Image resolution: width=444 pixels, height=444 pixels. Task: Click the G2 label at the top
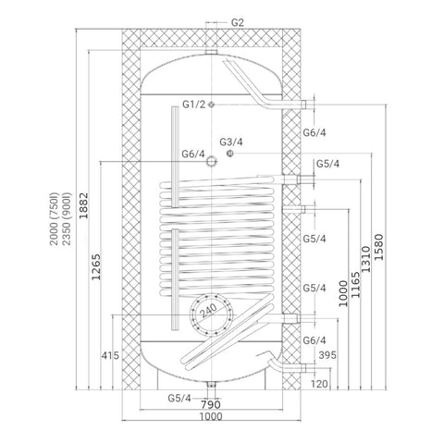point(238,22)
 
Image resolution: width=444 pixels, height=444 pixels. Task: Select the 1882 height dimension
point(83,205)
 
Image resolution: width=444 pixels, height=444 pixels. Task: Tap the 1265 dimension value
point(96,266)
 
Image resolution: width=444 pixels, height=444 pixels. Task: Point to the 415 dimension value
point(110,355)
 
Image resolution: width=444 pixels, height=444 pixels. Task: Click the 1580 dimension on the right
point(379,247)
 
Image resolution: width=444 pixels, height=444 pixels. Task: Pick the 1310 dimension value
point(365,259)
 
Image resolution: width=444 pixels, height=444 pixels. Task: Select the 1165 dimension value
point(355,285)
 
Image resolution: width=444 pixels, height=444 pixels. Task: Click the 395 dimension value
point(327,355)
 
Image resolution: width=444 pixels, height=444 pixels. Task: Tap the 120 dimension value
point(319,384)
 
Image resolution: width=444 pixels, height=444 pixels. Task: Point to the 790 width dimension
point(211,404)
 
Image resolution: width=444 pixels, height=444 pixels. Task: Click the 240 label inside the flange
point(209,310)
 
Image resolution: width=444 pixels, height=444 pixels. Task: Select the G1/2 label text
point(193,105)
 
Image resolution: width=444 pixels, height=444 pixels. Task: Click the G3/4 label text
point(231,142)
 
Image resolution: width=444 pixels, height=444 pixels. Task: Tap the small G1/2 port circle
point(211,105)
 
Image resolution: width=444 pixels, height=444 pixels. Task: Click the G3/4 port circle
point(230,153)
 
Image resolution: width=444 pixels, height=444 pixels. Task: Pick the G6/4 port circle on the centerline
point(211,161)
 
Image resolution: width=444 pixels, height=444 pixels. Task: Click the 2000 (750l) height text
point(54,219)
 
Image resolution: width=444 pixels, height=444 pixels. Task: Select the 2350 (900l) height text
point(67,219)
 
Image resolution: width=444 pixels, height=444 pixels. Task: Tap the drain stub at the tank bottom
point(211,386)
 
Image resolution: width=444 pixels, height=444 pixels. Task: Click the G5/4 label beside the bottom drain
point(179,398)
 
